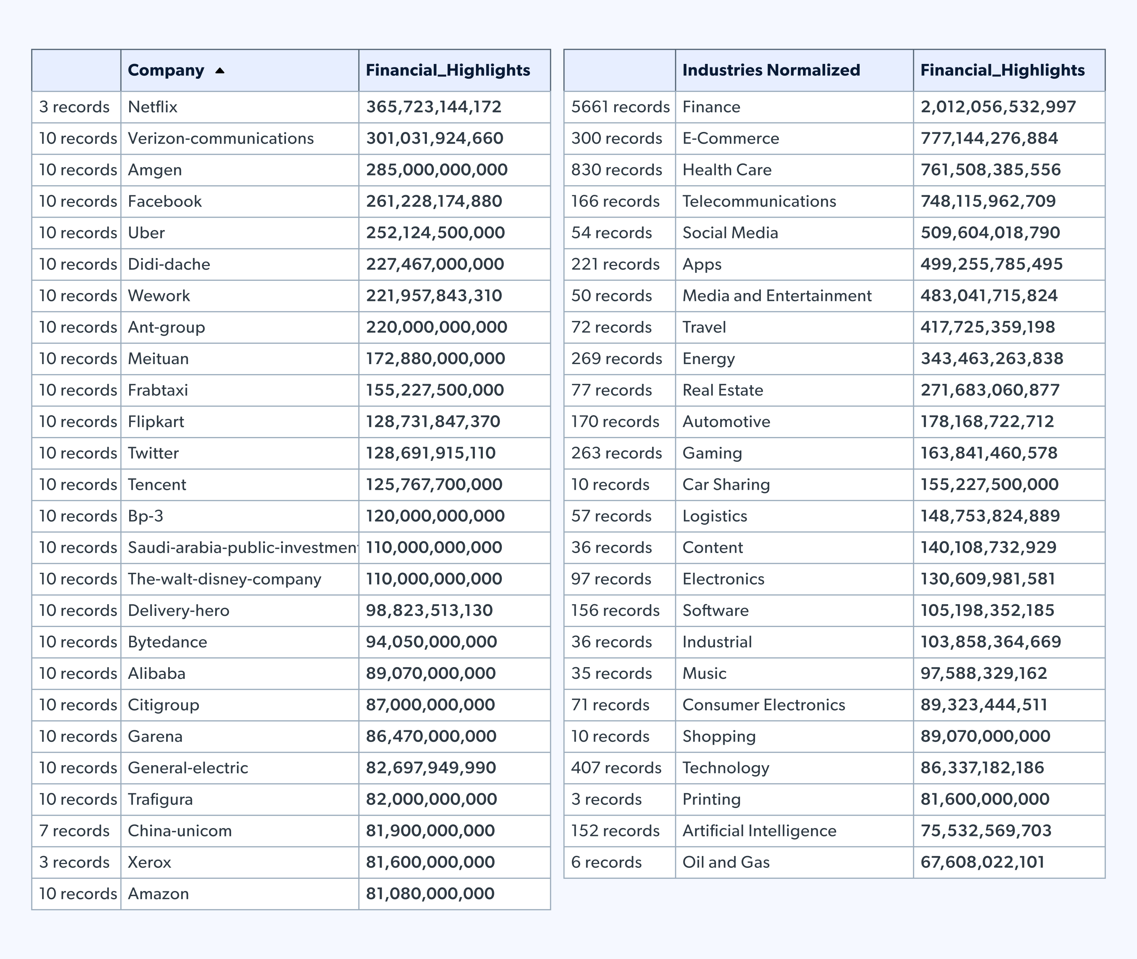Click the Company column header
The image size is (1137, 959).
pyautogui.click(x=166, y=70)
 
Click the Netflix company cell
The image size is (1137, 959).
pyautogui.click(x=153, y=107)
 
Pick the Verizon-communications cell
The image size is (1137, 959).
pyautogui.click(x=221, y=139)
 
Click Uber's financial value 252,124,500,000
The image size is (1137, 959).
pyautogui.click(x=435, y=233)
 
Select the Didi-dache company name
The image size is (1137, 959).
pyautogui.click(x=169, y=265)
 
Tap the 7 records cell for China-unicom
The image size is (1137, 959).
pyautogui.click(x=75, y=831)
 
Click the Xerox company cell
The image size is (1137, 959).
pyautogui.click(x=150, y=863)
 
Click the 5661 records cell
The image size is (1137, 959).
pyautogui.click(x=620, y=107)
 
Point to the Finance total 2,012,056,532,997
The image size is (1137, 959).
pyautogui.click(x=998, y=107)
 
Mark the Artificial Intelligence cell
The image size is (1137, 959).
pyautogui.click(x=759, y=831)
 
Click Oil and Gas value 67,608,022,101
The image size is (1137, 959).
pyautogui.click(x=982, y=863)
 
